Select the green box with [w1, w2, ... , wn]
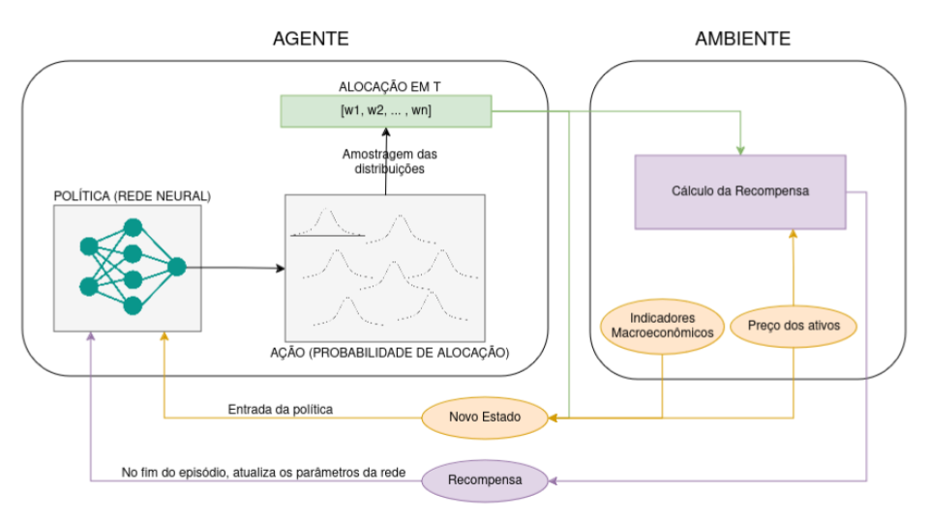coord(385,111)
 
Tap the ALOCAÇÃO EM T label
coord(385,86)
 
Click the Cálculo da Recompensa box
coord(740,191)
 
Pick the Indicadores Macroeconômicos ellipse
coord(663,325)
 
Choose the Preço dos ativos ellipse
coord(794,326)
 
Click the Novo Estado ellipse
coord(485,418)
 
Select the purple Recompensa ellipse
coord(485,478)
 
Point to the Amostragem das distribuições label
coord(384,161)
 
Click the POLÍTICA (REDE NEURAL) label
coord(133,196)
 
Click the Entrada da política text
coord(281,410)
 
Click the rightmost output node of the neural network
coord(177,267)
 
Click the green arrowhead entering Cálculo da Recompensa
coord(740,150)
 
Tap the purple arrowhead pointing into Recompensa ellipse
coord(553,478)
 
